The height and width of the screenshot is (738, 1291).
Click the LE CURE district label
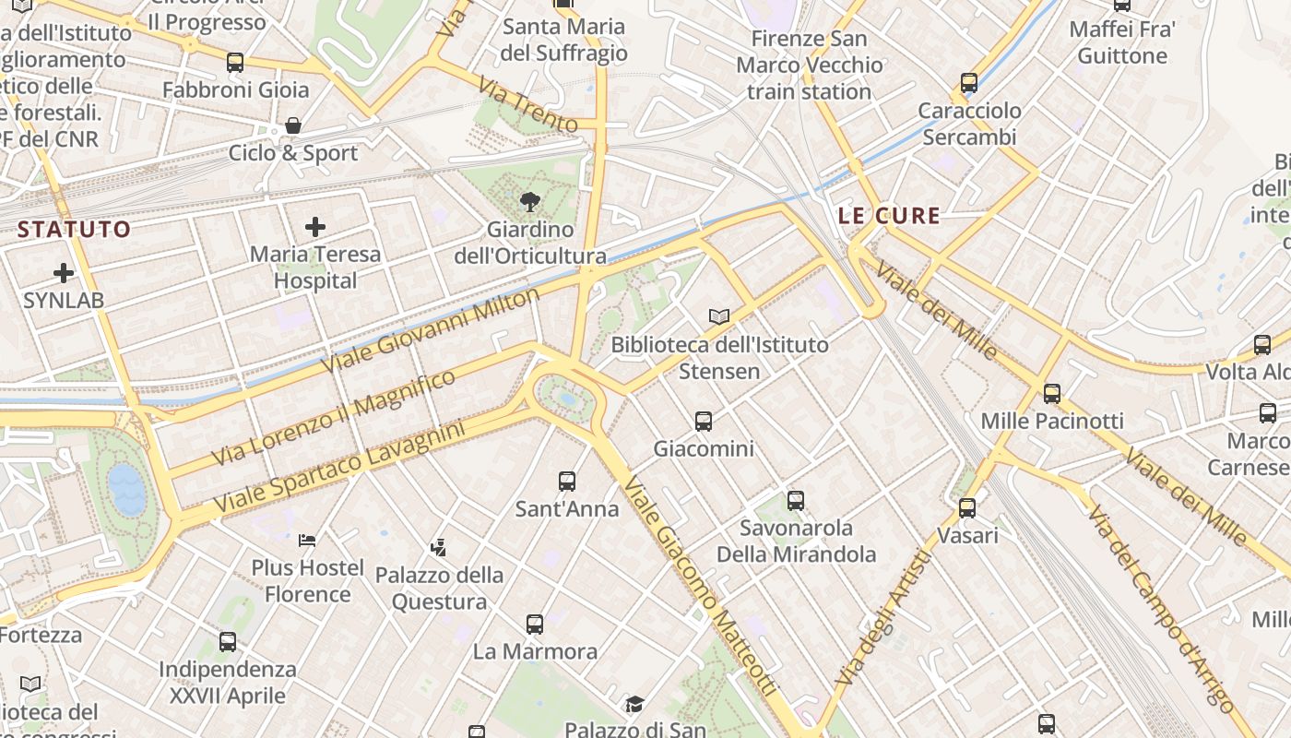(889, 217)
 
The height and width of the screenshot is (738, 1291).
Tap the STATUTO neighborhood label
(75, 230)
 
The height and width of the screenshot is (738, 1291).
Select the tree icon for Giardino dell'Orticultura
(530, 201)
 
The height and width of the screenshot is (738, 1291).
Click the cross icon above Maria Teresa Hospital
(315, 226)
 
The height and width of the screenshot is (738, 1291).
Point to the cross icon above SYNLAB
(64, 272)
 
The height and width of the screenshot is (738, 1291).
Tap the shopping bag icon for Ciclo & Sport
(293, 125)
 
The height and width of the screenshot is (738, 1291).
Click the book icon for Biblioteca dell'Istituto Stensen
(719, 317)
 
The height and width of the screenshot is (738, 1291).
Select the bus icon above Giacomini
(704, 422)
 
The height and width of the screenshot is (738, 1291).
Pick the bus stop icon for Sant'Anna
(567, 481)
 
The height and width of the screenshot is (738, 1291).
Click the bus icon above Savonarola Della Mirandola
(796, 501)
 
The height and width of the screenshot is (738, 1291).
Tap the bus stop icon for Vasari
(967, 507)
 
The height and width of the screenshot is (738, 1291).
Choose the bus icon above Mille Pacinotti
(1052, 394)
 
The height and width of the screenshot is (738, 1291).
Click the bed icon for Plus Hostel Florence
(308, 540)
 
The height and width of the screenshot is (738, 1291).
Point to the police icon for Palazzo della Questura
(439, 547)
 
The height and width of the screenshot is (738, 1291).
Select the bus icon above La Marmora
(535, 625)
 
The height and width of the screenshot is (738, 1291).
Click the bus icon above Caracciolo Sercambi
(969, 83)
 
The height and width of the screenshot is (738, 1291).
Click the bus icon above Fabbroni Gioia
(235, 63)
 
